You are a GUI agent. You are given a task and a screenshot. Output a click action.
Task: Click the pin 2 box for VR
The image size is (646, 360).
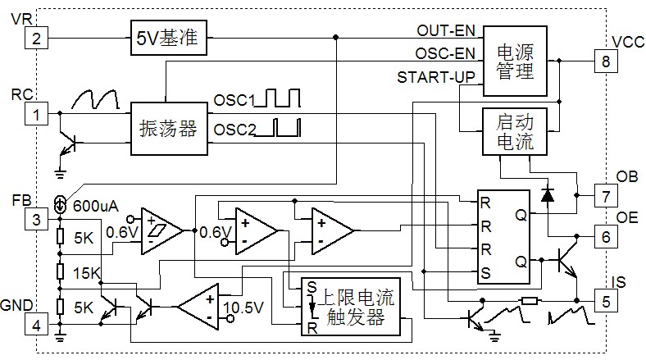36,38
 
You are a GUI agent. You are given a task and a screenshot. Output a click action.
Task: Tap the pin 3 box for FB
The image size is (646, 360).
36,220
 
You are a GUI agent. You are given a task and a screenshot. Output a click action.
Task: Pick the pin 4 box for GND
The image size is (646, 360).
36,326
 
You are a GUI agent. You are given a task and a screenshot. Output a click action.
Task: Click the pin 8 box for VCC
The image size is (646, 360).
606,60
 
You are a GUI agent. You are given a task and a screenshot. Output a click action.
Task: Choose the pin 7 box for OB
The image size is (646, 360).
606,197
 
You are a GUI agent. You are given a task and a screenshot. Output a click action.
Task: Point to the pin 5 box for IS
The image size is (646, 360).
606,302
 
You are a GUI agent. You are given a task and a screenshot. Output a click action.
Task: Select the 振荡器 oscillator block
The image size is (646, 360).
169,129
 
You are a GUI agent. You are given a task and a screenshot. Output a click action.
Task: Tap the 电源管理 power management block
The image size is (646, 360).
514,61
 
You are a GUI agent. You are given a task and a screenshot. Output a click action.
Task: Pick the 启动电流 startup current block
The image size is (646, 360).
514,132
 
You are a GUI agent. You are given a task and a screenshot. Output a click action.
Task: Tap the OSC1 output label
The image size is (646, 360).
234,101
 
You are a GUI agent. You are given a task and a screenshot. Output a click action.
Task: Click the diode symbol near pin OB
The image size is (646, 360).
547,195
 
